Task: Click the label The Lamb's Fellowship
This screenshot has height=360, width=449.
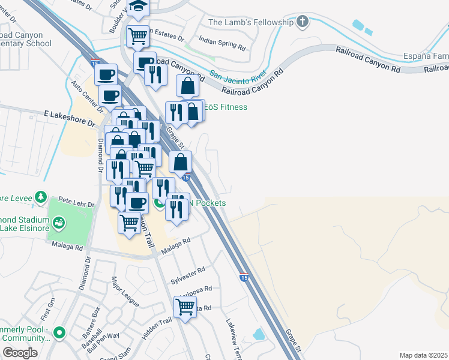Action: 250,23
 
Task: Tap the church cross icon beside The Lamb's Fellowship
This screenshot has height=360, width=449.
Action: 303,23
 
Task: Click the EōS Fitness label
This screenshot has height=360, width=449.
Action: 226,107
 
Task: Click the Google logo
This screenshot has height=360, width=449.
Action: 20,353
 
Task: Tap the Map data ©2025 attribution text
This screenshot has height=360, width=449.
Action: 423,355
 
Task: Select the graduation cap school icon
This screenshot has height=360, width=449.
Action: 139,7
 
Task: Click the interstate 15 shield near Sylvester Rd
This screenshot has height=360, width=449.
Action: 244,278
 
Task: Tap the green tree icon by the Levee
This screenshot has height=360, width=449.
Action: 40,197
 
